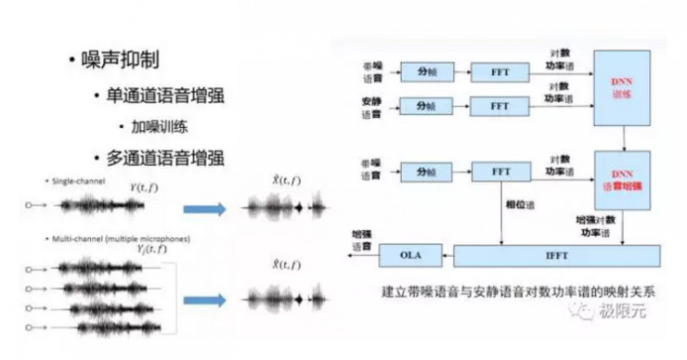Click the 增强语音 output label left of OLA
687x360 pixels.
coord(360,239)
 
